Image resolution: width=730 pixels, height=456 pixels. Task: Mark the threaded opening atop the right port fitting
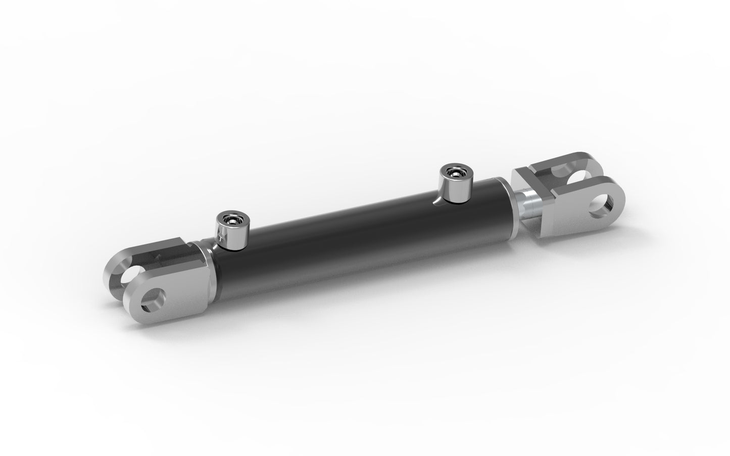[453, 172]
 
